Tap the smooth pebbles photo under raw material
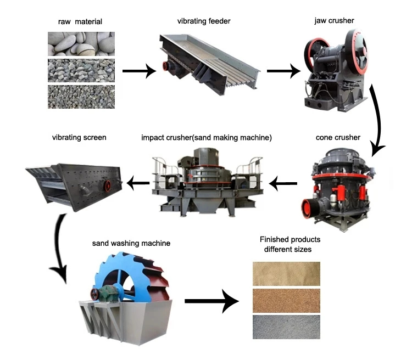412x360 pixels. pyautogui.click(x=81, y=43)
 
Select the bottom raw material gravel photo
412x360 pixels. pyautogui.click(x=81, y=96)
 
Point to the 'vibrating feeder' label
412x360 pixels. pyautogui.click(x=203, y=21)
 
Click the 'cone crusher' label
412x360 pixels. pyautogui.click(x=338, y=137)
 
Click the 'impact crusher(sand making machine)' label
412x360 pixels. pyautogui.click(x=206, y=137)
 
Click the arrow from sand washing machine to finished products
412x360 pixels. pyautogui.click(x=211, y=301)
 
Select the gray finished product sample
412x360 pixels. pyautogui.click(x=286, y=327)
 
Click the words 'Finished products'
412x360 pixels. pyautogui.click(x=290, y=240)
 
